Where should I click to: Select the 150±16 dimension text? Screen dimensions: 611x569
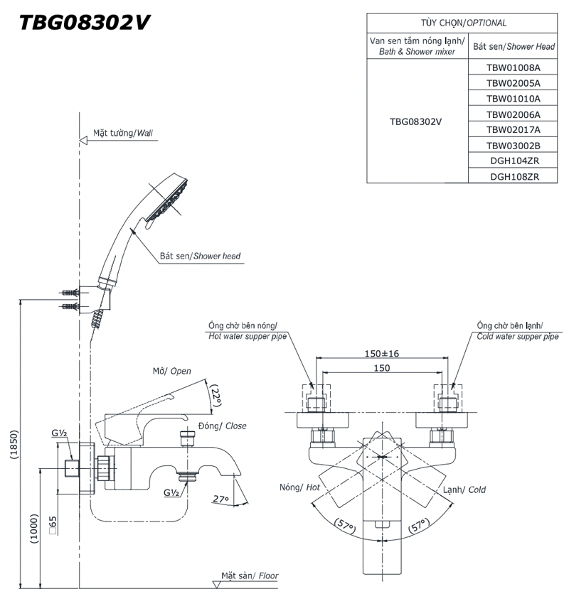381,353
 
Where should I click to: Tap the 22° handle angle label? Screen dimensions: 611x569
216,398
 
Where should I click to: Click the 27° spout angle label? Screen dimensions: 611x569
220,499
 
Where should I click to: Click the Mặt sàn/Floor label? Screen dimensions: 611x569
249,575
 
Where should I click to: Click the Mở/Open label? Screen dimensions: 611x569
172,371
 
